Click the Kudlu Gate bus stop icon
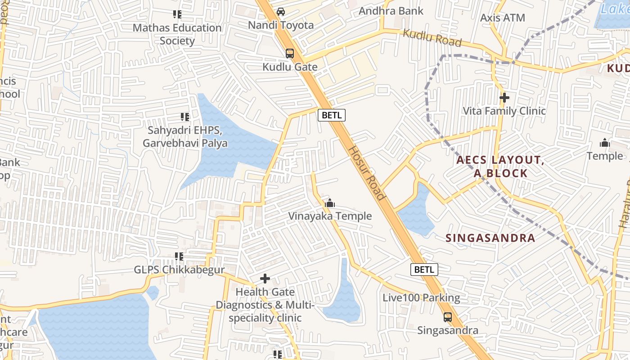(x=290, y=54)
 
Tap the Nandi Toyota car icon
(x=281, y=12)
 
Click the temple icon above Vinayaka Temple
(x=330, y=203)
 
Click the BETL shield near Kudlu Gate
(x=332, y=115)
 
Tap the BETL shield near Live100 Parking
(x=424, y=270)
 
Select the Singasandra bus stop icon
(x=448, y=317)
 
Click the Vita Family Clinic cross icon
(x=504, y=97)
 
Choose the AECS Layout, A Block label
(x=500, y=166)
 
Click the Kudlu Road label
(x=432, y=38)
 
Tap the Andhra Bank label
(x=391, y=11)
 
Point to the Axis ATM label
(x=503, y=18)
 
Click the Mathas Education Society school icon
(x=177, y=14)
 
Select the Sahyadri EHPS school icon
(x=184, y=117)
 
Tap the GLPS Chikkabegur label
(x=179, y=270)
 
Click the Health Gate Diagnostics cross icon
(x=265, y=279)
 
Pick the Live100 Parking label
(x=421, y=298)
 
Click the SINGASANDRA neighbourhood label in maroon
(x=490, y=238)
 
